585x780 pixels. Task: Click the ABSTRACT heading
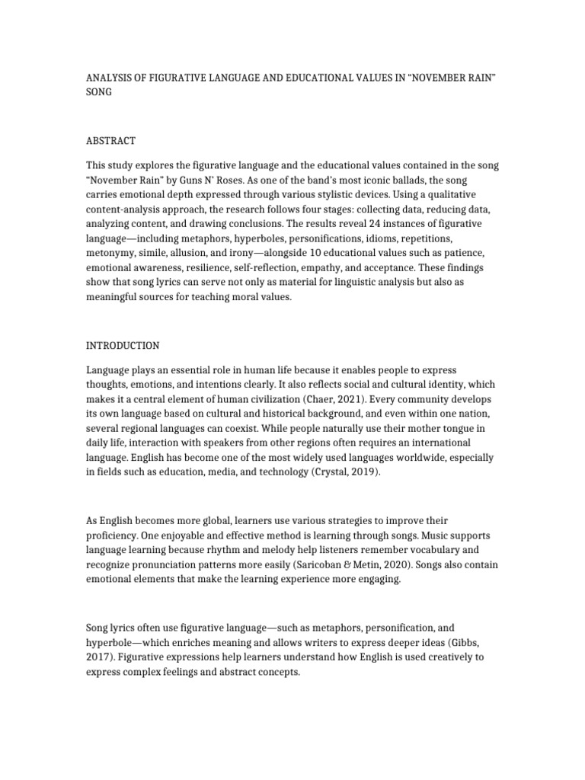[110, 140]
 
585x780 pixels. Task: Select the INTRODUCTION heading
[123, 345]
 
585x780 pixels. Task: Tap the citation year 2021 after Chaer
[322, 399]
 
